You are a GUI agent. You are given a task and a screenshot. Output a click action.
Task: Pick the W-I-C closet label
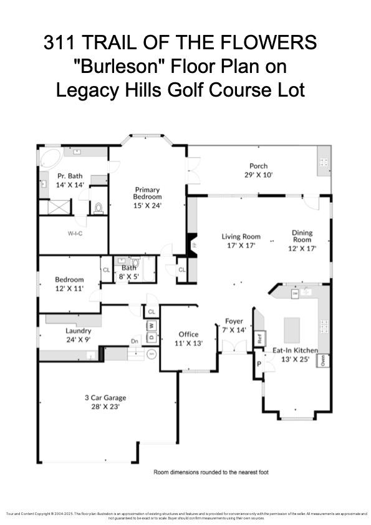tap(76, 233)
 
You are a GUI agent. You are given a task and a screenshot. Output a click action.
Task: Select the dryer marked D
tap(151, 337)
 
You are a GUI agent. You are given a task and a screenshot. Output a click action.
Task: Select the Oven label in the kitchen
tap(322, 360)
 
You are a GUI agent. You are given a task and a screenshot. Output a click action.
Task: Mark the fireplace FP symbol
tap(193, 244)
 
